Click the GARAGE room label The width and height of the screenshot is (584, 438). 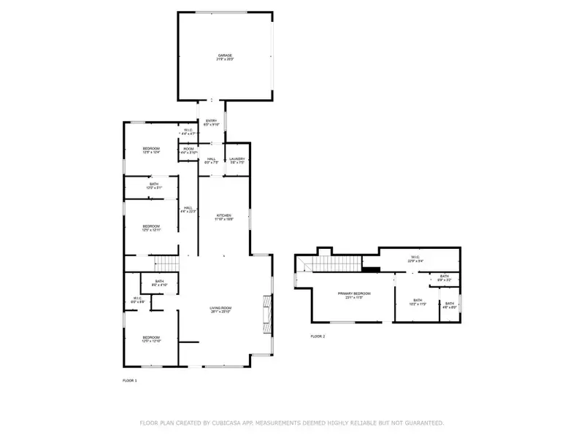pyautogui.click(x=224, y=55)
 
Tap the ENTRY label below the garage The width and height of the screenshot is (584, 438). pyautogui.click(x=211, y=121)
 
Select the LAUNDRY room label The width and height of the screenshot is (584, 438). pyautogui.click(x=237, y=158)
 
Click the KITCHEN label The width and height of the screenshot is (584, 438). pyautogui.click(x=223, y=215)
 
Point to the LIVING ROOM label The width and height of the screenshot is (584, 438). pyautogui.click(x=221, y=308)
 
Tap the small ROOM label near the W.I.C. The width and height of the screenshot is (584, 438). pyautogui.click(x=188, y=150)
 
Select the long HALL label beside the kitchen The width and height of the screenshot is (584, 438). pyautogui.click(x=188, y=208)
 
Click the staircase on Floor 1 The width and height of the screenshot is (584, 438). pyautogui.click(x=169, y=263)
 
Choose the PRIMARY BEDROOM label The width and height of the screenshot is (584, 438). pyautogui.click(x=354, y=293)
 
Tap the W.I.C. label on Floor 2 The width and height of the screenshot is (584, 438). pyautogui.click(x=414, y=257)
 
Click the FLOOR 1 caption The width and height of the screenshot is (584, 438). pyautogui.click(x=129, y=380)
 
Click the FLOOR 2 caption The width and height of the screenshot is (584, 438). pyautogui.click(x=318, y=336)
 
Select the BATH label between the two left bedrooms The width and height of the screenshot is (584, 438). pyautogui.click(x=154, y=185)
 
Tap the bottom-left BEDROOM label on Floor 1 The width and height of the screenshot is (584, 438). pyautogui.click(x=151, y=337)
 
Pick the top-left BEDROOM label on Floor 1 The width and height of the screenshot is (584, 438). pyautogui.click(x=151, y=149)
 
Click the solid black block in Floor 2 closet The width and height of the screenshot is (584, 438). pyautogui.click(x=372, y=268)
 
